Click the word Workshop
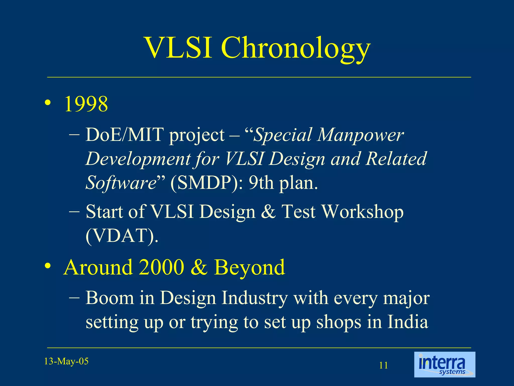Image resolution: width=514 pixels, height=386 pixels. pos(362,212)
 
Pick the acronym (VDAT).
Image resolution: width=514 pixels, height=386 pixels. pos(122,236)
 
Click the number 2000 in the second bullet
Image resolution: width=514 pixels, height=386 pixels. pos(161,267)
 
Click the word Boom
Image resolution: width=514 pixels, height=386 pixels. pos(110,298)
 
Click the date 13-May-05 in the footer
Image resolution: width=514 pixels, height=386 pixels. pos(66,361)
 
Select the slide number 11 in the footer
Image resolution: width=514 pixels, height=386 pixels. pos(383,365)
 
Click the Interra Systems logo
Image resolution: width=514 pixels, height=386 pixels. pos(444,364)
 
